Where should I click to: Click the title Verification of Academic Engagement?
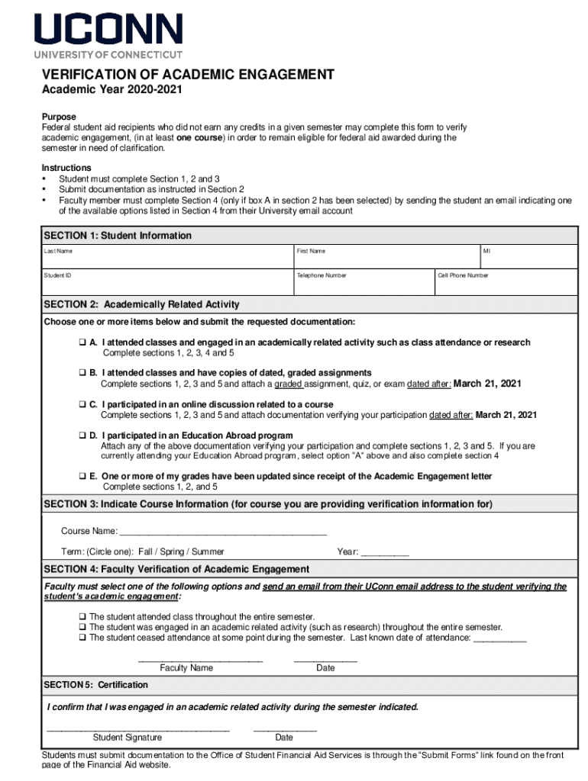coord(187,75)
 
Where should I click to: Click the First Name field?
coord(385,257)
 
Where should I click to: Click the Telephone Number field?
coord(362,282)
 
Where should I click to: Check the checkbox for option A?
coord(82,343)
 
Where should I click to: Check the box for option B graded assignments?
coord(82,373)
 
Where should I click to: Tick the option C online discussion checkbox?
coord(82,404)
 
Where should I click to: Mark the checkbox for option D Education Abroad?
coord(82,435)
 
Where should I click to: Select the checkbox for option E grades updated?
coord(82,477)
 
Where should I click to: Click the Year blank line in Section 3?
coord(384,552)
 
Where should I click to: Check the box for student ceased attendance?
coord(82,638)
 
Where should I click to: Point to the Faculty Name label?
coord(186,668)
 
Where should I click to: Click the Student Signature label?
coord(127,738)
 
